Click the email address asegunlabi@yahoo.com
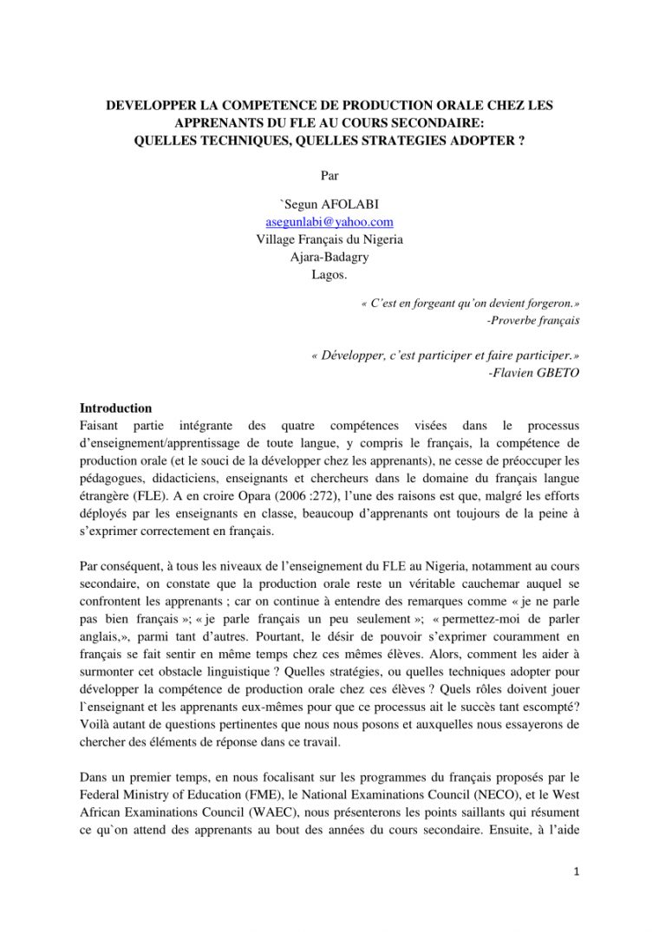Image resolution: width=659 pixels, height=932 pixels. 329,222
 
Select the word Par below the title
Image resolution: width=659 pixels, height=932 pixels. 329,174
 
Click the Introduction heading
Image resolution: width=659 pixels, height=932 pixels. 115,408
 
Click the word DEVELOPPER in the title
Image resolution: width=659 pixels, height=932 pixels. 153,106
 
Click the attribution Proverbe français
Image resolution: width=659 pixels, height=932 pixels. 534,320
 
